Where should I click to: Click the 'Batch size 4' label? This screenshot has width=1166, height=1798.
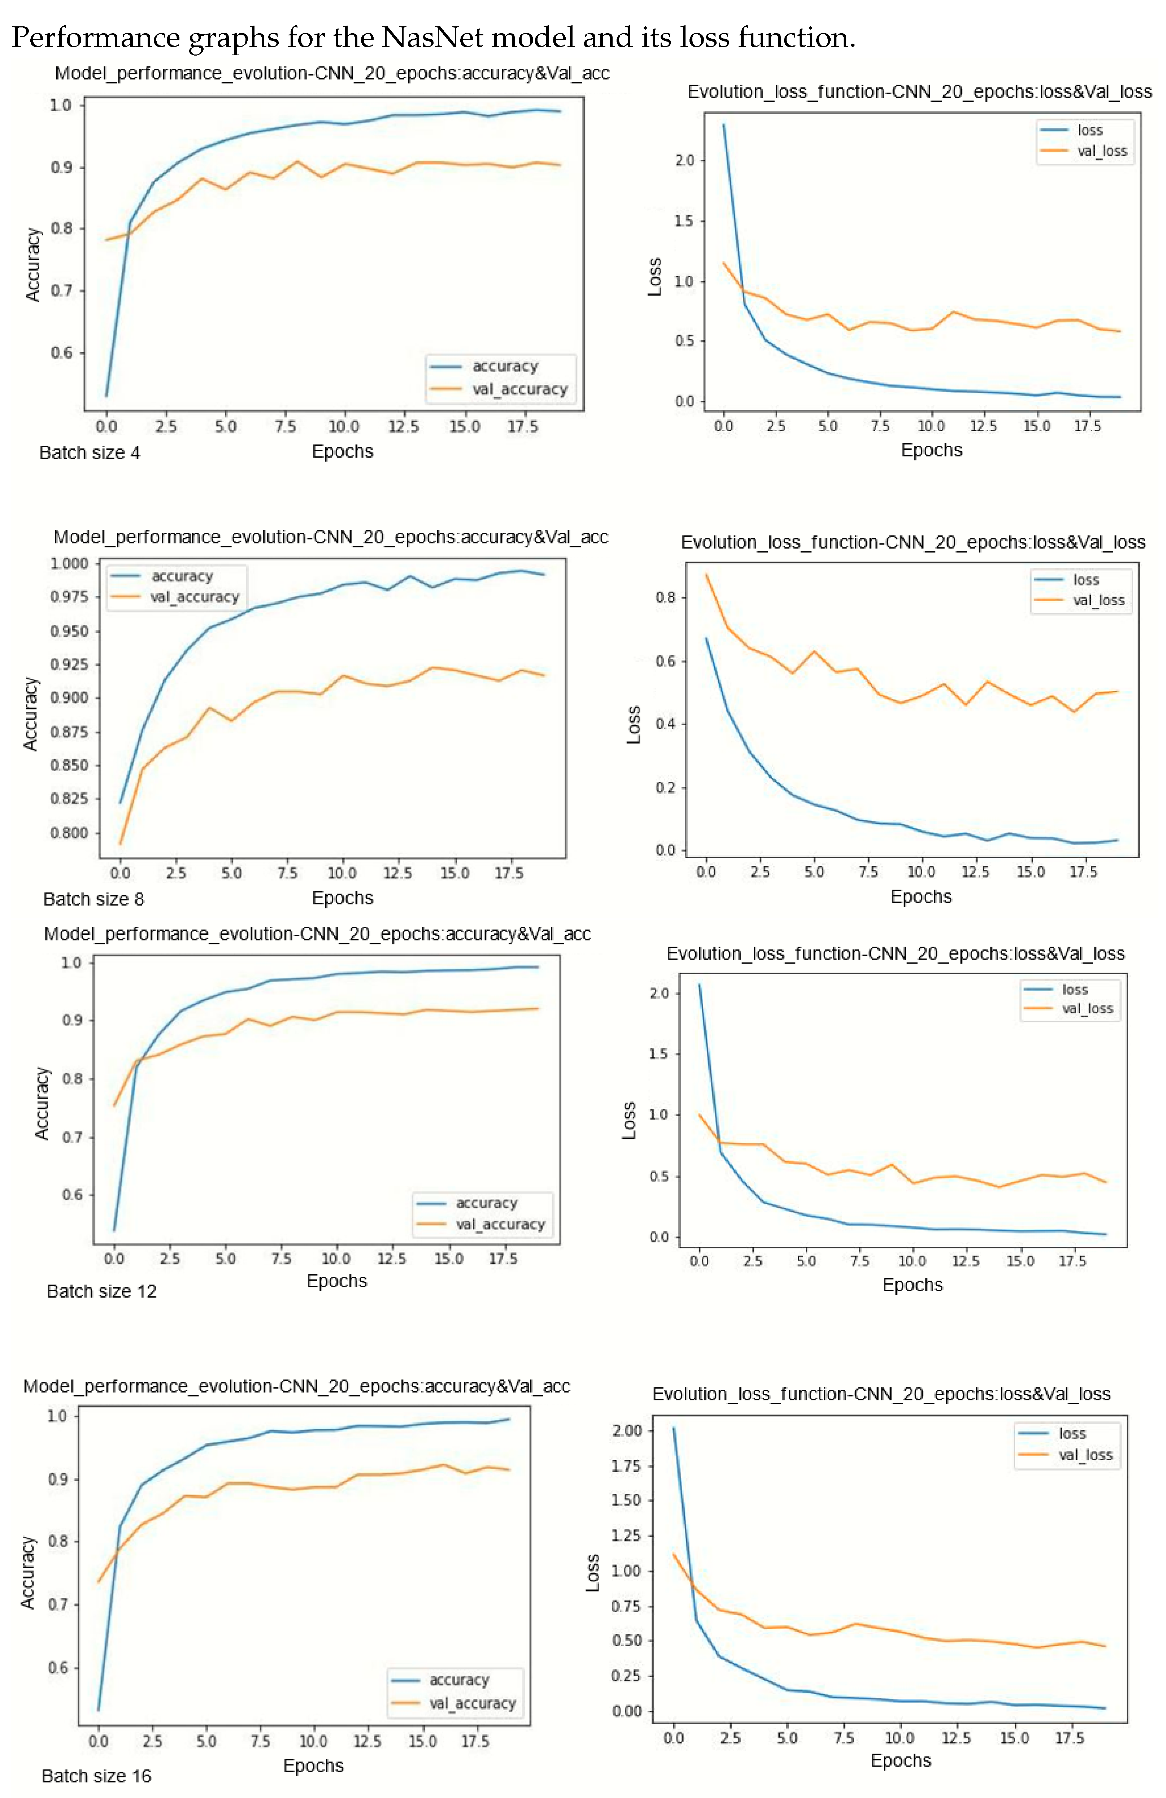point(89,453)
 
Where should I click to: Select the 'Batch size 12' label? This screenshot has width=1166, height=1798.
point(101,1291)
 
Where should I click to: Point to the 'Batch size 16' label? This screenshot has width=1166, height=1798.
point(96,1775)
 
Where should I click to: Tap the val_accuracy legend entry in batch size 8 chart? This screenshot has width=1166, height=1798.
point(193,597)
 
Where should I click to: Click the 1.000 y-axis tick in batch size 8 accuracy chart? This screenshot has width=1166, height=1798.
point(70,564)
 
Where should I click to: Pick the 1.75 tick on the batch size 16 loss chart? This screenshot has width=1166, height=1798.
point(626,1466)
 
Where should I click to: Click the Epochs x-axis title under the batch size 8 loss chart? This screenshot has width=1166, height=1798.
point(921,897)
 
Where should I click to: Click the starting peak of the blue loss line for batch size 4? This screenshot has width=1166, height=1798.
point(723,125)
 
